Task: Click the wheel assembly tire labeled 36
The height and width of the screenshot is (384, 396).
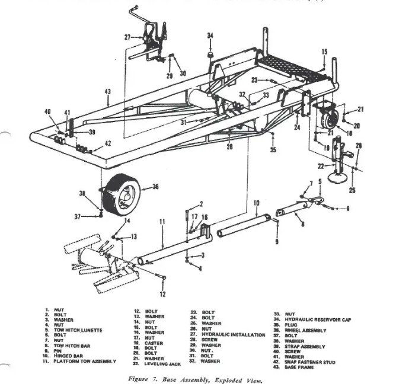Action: point(122,193)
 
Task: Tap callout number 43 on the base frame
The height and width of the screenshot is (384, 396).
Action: point(107,92)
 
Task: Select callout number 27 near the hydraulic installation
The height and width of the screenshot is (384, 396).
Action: point(127,37)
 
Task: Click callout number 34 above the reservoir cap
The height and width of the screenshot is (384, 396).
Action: point(210,36)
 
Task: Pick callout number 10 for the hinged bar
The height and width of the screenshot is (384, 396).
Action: point(256,203)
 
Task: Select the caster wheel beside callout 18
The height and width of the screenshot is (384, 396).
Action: point(325,118)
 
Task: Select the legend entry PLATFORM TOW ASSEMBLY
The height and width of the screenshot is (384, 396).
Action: point(88,361)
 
